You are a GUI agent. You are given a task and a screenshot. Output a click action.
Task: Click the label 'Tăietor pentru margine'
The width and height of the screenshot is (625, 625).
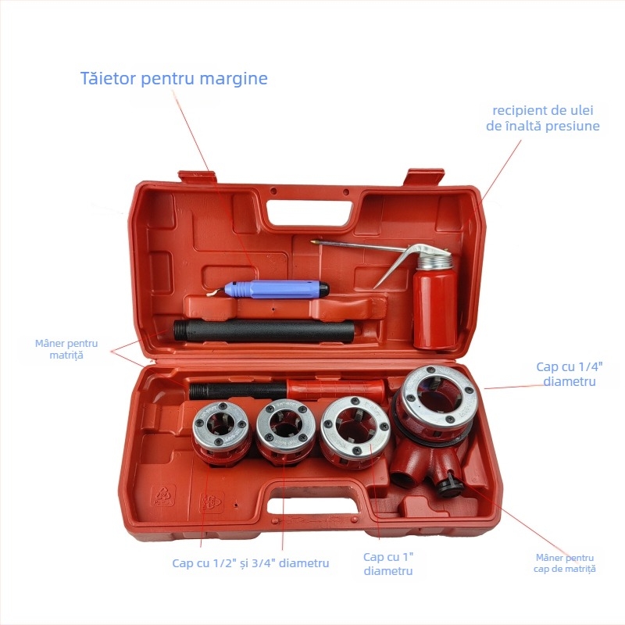(173, 79)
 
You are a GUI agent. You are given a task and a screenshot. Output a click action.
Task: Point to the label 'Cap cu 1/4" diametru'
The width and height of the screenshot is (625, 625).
(566, 373)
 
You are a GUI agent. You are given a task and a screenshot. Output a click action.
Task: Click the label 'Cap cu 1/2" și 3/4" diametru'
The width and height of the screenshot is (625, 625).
(251, 562)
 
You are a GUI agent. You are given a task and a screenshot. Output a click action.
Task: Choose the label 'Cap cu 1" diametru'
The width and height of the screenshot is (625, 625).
(388, 563)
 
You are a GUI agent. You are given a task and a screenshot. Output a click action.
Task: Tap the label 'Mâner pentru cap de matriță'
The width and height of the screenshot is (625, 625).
(566, 562)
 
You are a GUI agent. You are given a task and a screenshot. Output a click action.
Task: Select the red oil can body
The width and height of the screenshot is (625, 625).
(434, 309)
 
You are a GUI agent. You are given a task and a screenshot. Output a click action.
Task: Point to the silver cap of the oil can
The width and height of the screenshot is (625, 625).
(434, 260)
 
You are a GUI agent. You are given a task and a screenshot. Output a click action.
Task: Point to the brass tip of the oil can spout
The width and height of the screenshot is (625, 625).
(314, 243)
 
